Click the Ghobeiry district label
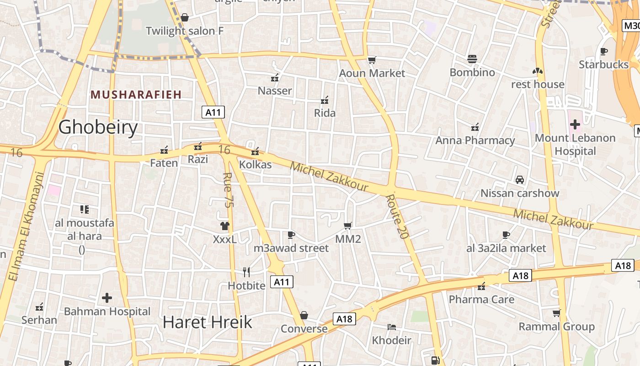[98, 127]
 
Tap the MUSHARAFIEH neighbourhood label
[136, 95]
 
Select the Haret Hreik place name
[207, 322]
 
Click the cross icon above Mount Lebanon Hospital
[575, 124]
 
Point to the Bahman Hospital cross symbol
[107, 298]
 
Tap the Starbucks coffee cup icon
[604, 51]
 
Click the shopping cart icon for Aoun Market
[372, 60]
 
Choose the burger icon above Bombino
[472, 59]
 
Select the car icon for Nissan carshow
[520, 180]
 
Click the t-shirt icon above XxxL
[224, 226]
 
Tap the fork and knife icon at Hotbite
[246, 272]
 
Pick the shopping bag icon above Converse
[304, 315]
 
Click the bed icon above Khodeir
[391, 327]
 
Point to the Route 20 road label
[396, 216]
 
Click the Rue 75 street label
[227, 189]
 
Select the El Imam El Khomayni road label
[26, 226]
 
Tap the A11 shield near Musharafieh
[213, 112]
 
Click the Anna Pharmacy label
[475, 140]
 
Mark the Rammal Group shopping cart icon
[556, 313]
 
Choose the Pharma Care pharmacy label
[481, 300]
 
